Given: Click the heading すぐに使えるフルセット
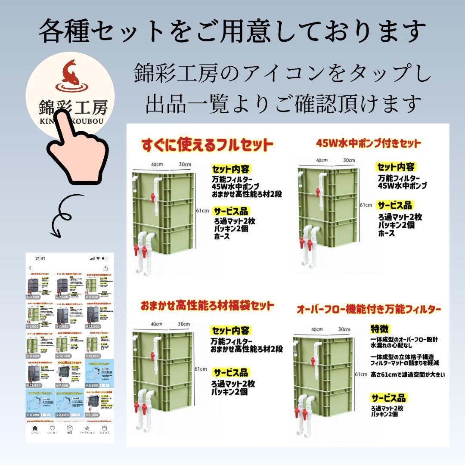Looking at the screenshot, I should coord(208,145).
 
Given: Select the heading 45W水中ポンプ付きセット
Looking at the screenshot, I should coord(368,143).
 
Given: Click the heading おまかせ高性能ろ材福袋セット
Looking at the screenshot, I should coord(207,306).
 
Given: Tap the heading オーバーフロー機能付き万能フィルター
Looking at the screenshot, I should coord(369,309).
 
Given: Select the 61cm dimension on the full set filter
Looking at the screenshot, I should coord(202,211).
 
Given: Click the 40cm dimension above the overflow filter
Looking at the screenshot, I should coord(317,329).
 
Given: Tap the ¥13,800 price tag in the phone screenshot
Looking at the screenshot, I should coord(93,356).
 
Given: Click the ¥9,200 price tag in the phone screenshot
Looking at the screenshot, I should coord(93,297).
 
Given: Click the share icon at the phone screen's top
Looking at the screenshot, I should coord(105,268).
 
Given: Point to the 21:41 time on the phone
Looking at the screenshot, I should coord(40,258).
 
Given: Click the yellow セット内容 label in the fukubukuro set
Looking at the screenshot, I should coord(231,331).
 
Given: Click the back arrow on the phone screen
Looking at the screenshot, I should coord(31,268).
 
